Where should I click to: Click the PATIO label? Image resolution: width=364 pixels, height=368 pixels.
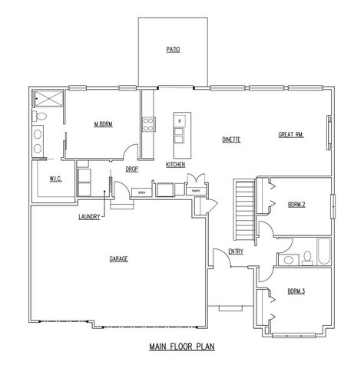point(173,50)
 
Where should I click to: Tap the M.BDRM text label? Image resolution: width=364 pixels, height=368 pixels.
point(103,123)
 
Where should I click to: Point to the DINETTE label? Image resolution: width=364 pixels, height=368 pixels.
point(232,140)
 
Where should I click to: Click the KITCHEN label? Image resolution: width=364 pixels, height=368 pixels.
point(175,165)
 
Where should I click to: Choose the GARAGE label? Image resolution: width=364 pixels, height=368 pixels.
point(118,258)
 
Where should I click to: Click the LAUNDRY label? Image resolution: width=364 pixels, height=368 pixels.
point(89,216)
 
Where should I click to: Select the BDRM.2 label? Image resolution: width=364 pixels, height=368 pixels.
point(296,205)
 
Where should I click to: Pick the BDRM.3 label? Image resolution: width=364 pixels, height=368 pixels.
point(296,291)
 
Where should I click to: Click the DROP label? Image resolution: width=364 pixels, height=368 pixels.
point(132,169)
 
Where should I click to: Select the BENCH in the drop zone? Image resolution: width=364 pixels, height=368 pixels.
point(143,191)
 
